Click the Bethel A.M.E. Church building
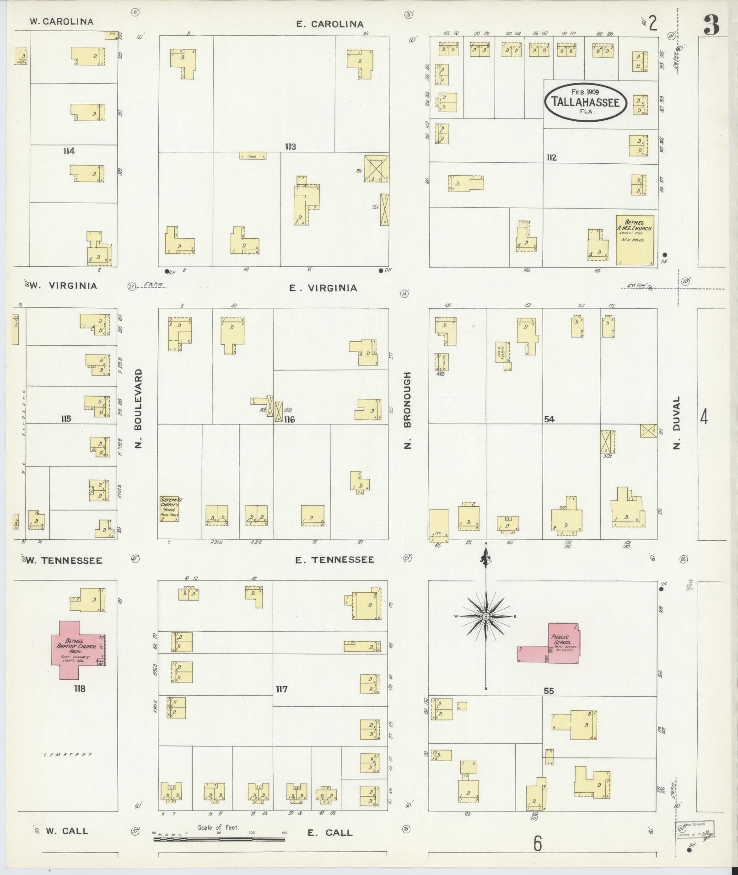635,239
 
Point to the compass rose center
486,617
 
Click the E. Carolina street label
329,24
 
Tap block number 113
290,147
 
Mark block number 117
281,689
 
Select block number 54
549,419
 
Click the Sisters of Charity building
169,509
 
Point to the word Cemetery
68,754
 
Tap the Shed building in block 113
253,156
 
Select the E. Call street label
329,832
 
